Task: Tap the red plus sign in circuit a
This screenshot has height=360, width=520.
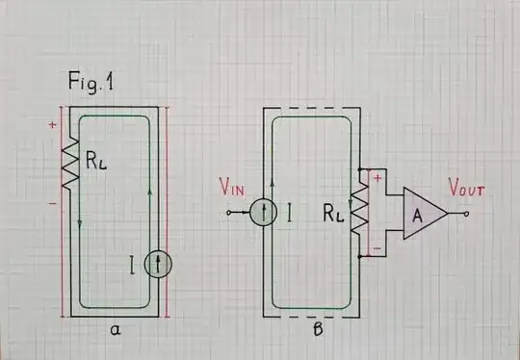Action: (51, 125)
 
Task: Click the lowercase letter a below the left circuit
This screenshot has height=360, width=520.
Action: (115, 330)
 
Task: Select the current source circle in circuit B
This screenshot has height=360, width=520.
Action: (264, 212)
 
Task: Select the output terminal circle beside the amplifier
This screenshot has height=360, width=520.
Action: (467, 213)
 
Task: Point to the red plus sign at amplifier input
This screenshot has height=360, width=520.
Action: (378, 177)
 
